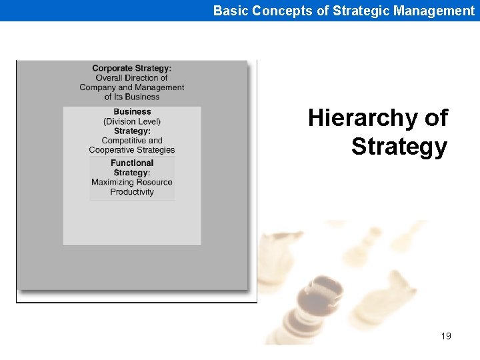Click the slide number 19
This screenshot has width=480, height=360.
[446, 336]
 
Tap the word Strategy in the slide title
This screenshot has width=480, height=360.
[399, 147]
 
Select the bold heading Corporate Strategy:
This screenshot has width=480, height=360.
[131, 68]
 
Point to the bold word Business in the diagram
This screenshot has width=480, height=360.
[132, 112]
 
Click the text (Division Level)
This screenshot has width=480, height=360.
[132, 121]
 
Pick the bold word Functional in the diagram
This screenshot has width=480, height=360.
[132, 163]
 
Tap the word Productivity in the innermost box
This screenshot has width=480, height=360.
[132, 192]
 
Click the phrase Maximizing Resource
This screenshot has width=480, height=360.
[132, 182]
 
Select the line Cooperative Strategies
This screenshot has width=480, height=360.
[132, 150]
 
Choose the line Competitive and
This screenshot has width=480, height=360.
[132, 141]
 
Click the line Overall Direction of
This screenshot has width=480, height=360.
[131, 78]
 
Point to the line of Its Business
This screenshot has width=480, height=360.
[131, 97]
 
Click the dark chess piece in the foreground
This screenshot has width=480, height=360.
[313, 313]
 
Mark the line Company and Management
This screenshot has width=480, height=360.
[131, 87]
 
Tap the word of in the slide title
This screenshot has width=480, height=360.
[435, 119]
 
